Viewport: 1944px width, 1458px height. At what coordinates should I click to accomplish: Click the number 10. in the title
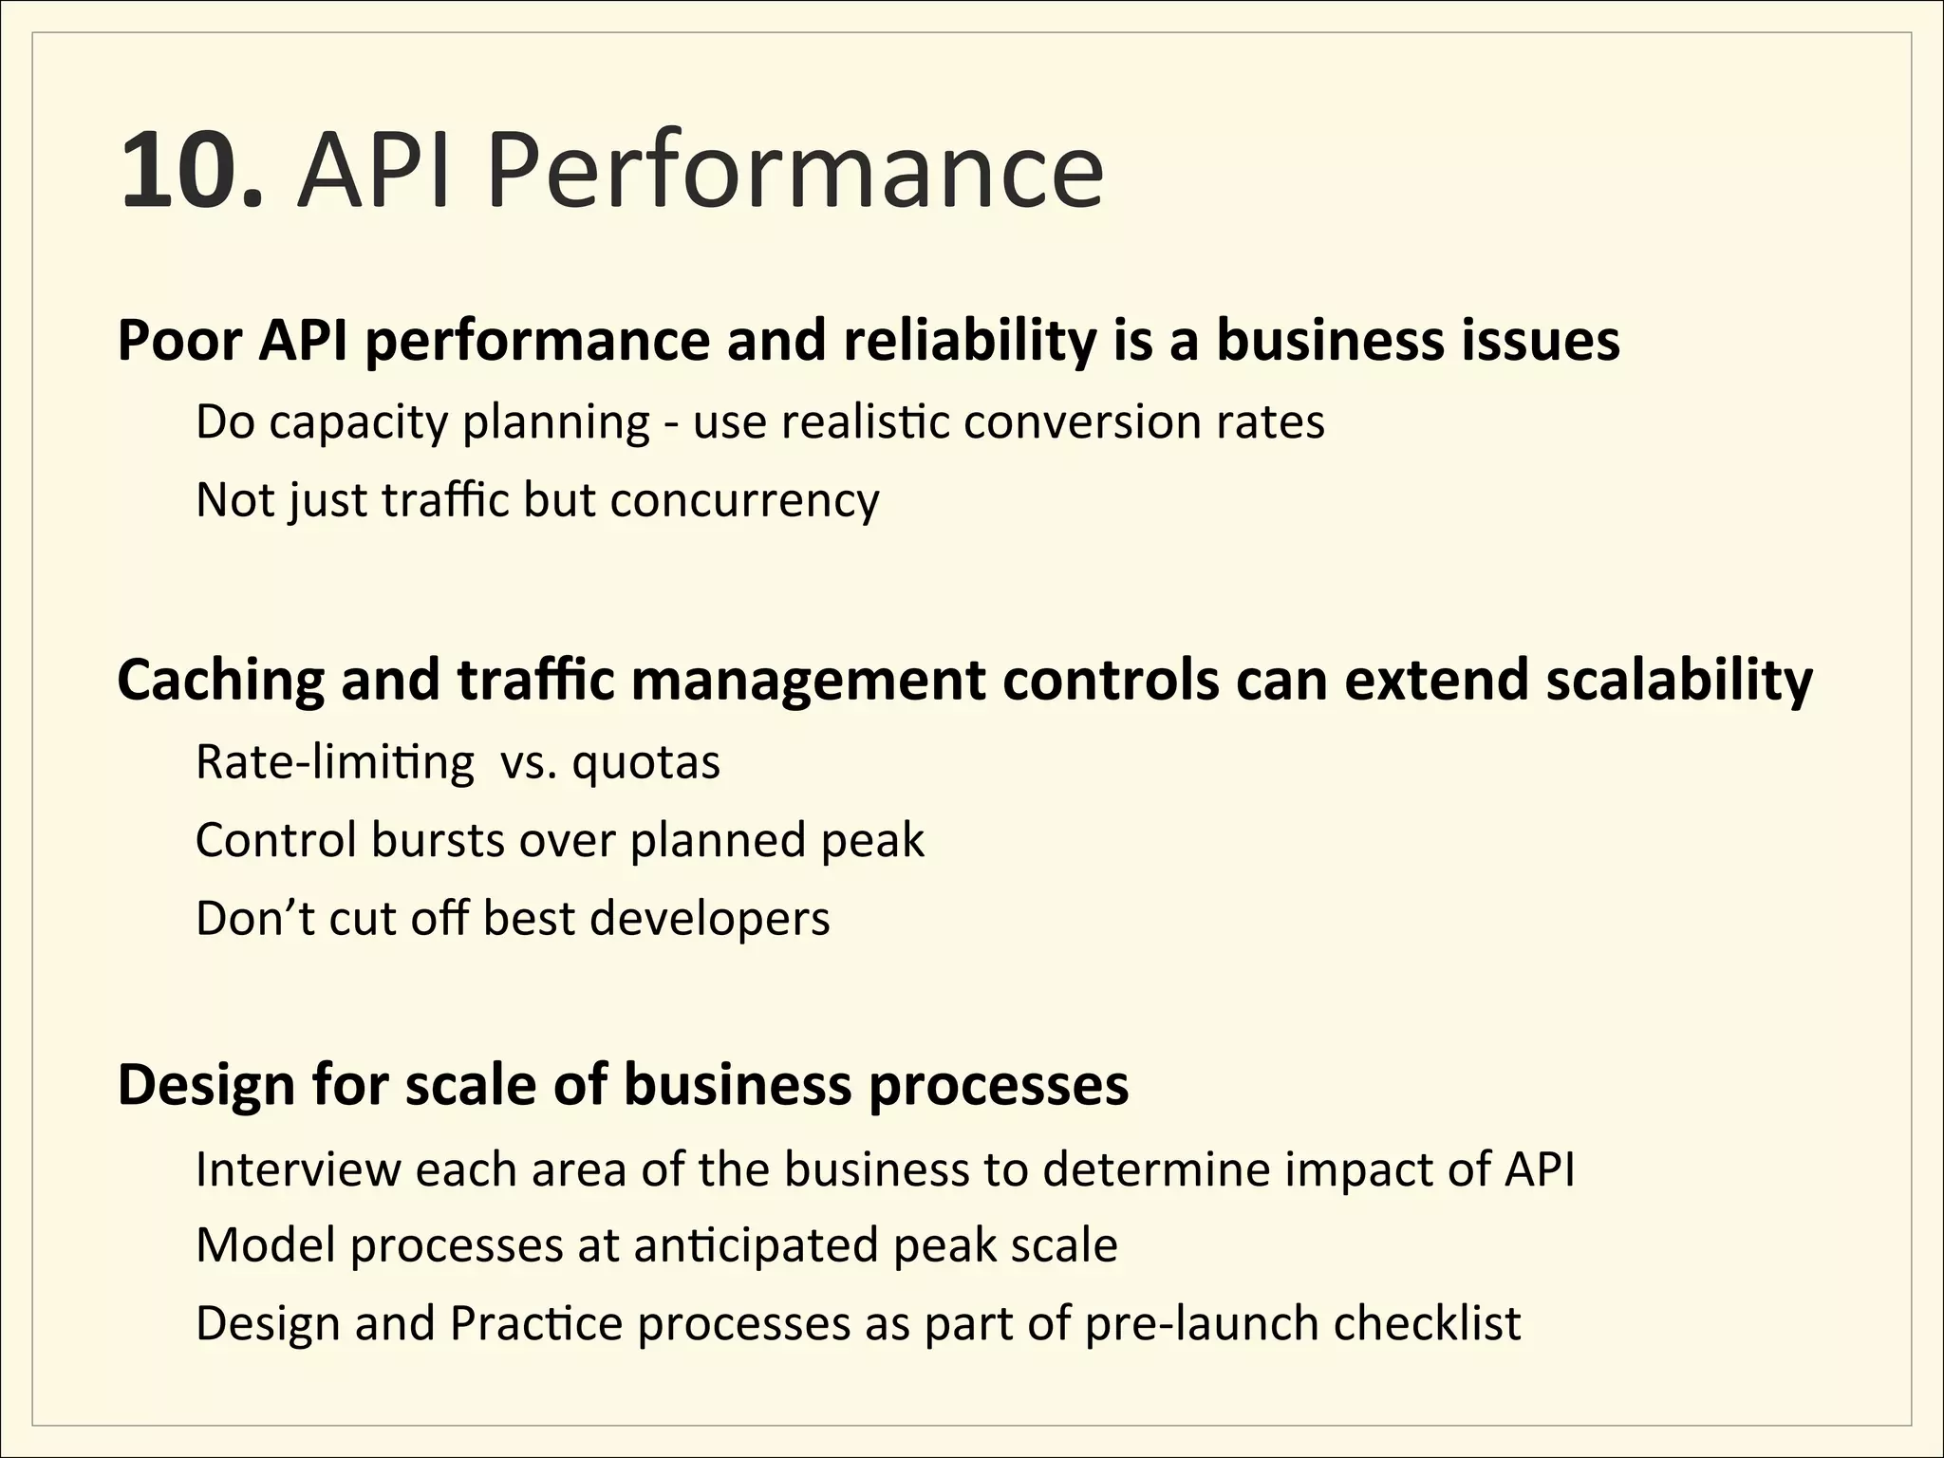(x=190, y=171)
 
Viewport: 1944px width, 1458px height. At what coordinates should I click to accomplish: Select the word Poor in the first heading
(x=179, y=341)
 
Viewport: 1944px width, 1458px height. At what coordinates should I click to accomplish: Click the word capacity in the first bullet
(x=358, y=423)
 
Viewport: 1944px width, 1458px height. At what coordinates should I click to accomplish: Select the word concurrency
(x=745, y=501)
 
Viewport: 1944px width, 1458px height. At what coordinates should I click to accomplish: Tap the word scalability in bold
(x=1679, y=682)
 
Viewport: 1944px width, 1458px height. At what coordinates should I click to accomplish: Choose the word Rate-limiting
(x=334, y=763)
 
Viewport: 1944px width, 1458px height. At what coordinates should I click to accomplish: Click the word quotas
(x=645, y=763)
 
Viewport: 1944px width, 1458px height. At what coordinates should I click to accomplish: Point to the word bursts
(x=438, y=840)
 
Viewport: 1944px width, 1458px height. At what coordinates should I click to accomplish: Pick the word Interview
(x=298, y=1168)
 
